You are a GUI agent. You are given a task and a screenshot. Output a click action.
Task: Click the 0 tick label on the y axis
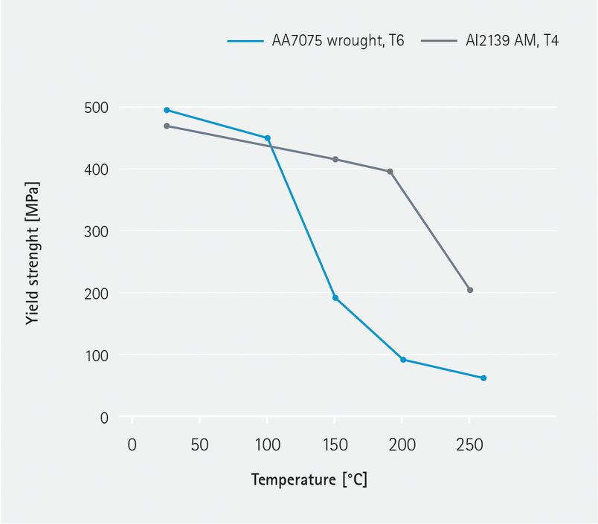pos(104,418)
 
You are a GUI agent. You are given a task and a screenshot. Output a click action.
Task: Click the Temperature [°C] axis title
pos(309,479)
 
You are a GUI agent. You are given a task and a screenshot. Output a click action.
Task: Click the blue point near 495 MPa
pos(167,110)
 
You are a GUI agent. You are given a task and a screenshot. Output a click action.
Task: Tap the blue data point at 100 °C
pos(268,138)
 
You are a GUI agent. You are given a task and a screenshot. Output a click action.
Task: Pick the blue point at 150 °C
pos(335,298)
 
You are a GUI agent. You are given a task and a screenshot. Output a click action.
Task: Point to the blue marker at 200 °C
pos(403,360)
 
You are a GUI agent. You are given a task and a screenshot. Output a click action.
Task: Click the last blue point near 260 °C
pos(483,378)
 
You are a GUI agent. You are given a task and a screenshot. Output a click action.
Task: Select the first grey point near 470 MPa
pos(167,126)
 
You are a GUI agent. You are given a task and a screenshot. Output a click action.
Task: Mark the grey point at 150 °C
pos(335,159)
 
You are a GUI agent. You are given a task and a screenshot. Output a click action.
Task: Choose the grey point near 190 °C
pos(390,172)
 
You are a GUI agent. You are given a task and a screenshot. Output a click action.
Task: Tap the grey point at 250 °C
pos(470,290)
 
